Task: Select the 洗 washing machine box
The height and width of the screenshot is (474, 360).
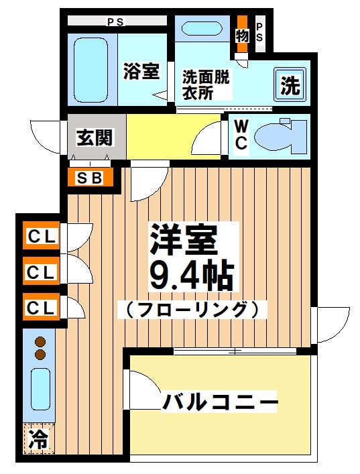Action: (x=290, y=85)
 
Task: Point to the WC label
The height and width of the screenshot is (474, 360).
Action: (x=241, y=135)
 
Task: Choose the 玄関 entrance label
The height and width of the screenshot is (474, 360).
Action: (x=91, y=138)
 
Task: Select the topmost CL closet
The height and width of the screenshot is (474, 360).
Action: (x=42, y=236)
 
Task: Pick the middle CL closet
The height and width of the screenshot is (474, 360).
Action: (x=42, y=272)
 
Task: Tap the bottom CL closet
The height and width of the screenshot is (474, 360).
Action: (x=42, y=308)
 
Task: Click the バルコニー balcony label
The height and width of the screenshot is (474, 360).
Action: (x=220, y=403)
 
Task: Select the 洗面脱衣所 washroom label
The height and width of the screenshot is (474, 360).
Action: (x=206, y=85)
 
